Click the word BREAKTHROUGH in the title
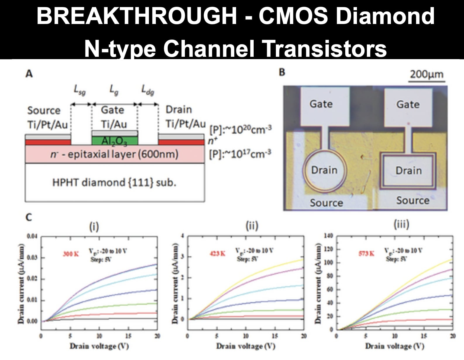[x=137, y=16]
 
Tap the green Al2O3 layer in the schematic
[x=115, y=141]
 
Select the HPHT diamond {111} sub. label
[x=114, y=183]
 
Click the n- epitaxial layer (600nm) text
[x=114, y=154]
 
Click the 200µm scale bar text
[x=427, y=74]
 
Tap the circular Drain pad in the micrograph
[x=324, y=170]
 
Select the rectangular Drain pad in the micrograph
[x=408, y=171]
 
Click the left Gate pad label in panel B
[x=321, y=104]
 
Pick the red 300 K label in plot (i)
[x=71, y=254]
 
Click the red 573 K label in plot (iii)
[x=366, y=253]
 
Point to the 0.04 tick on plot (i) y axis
[x=32, y=236]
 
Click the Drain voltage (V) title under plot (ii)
[x=246, y=346]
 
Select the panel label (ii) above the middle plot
[x=252, y=226]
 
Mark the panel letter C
[x=29, y=217]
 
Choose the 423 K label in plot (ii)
[x=217, y=253]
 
